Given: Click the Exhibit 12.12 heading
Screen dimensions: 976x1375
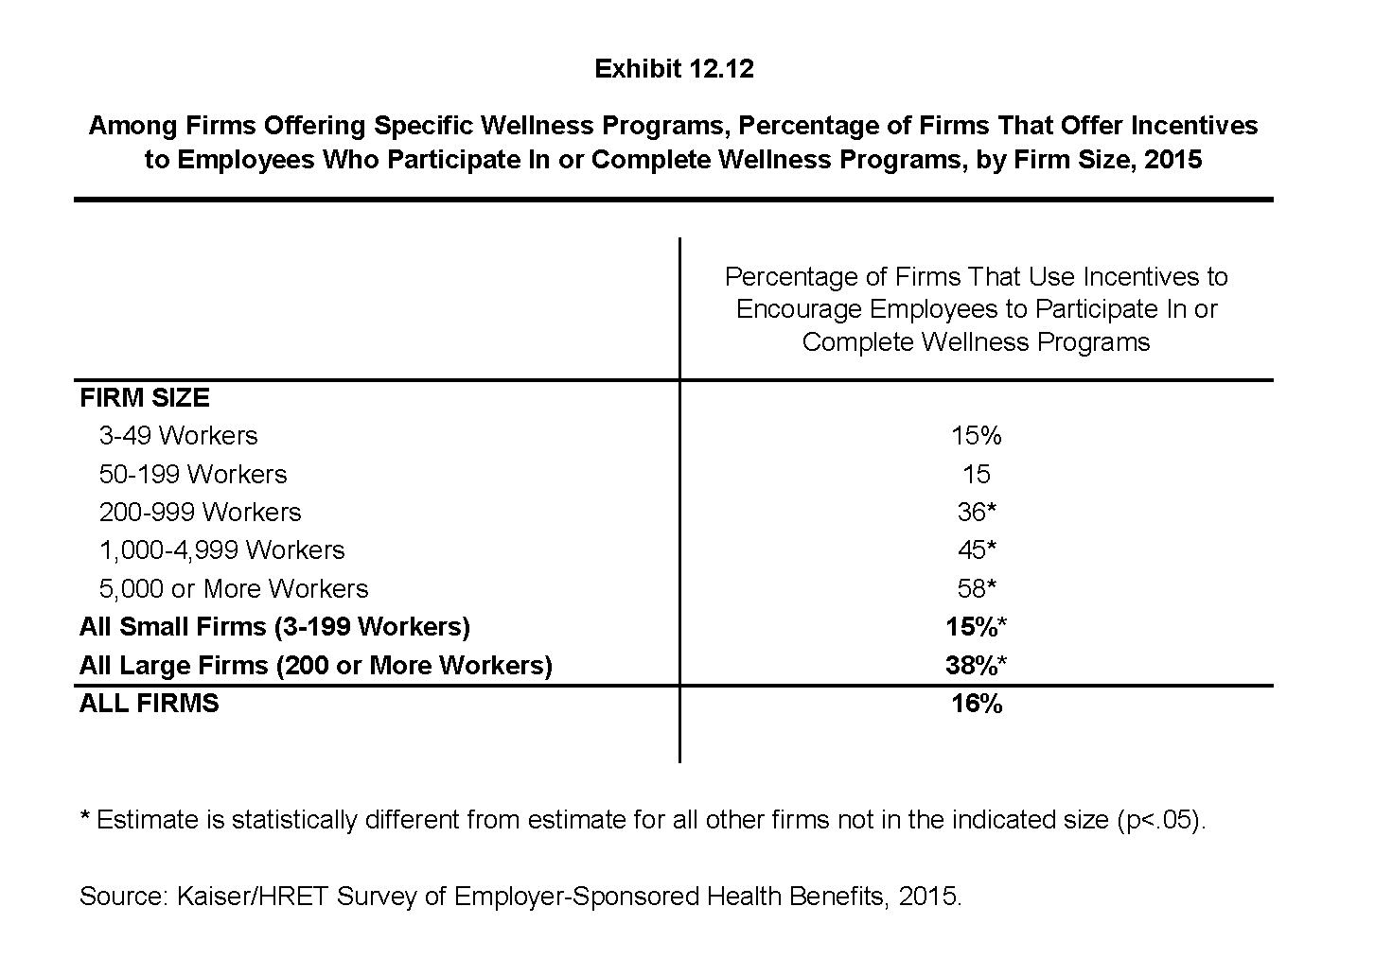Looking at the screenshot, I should pos(674,69).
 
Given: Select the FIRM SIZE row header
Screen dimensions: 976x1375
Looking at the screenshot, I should pos(145,397).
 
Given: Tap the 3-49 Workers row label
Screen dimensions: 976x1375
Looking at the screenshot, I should pos(178,436).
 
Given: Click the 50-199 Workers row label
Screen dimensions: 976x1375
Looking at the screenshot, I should pos(193,474).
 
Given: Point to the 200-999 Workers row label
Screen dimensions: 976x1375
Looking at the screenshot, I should pos(200,513).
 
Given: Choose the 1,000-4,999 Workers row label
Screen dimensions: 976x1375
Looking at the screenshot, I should pos(221,550).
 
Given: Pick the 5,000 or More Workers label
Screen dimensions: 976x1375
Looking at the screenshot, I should pos(233,588).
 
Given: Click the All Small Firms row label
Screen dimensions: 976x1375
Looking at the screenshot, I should pos(274,627).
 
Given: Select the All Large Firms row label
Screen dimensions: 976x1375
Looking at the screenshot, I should pos(315,665).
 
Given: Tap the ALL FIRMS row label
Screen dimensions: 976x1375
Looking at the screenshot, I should pos(150,704).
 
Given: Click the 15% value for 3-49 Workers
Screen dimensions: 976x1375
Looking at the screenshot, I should pos(976,436).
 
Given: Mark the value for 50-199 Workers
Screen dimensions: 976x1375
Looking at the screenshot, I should pos(976,474).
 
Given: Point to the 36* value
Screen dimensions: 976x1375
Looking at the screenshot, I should pos(976,513).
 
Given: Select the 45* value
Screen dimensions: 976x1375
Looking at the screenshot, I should pos(976,550).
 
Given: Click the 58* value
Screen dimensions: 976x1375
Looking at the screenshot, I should pos(976,588).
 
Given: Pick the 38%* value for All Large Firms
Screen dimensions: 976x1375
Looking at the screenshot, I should pos(976,665).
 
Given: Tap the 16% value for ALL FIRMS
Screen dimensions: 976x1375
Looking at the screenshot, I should pos(976,704).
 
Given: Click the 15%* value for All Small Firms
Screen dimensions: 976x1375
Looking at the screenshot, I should pos(976,627).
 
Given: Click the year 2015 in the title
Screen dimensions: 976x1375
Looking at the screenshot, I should pos(1172,159).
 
